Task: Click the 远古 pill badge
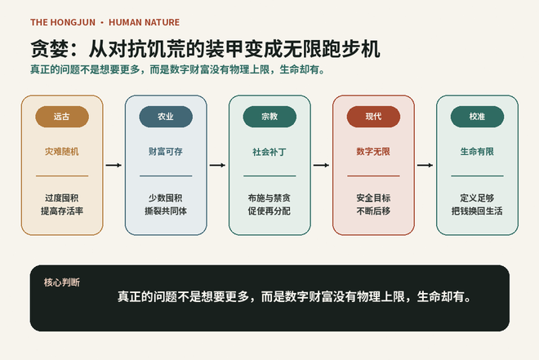(x=62, y=117)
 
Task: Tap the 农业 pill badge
(x=166, y=117)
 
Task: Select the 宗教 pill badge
(x=269, y=117)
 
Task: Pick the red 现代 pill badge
(x=374, y=117)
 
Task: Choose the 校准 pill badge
(x=478, y=117)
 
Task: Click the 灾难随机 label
(x=62, y=152)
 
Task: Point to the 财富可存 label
(x=166, y=152)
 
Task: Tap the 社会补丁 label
(x=269, y=152)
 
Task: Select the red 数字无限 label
(x=373, y=152)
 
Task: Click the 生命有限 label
(x=477, y=152)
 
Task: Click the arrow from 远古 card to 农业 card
(x=114, y=165)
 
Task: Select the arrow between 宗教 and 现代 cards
(x=322, y=165)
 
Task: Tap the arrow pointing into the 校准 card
(x=425, y=165)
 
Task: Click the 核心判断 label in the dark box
(x=62, y=282)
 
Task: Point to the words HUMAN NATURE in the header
(x=144, y=22)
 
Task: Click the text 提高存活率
(x=62, y=211)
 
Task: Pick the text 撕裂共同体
(x=166, y=211)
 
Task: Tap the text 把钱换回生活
(x=477, y=211)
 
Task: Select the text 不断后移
(x=373, y=211)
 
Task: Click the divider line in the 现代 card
(x=374, y=176)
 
